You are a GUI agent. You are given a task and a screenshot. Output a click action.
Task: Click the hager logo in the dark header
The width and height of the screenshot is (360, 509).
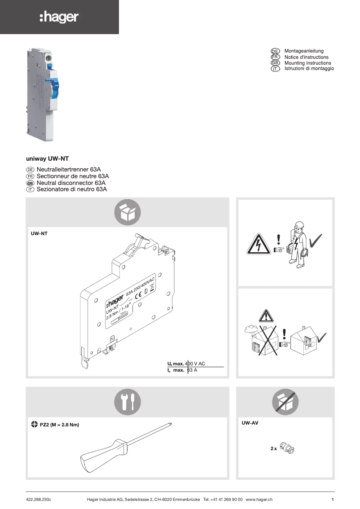pyautogui.click(x=59, y=18)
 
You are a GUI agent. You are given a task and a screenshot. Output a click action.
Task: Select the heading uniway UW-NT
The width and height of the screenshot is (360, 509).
pyautogui.click(x=47, y=159)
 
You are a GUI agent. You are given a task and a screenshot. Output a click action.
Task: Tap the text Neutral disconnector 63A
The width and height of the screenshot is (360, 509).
pyautogui.click(x=71, y=183)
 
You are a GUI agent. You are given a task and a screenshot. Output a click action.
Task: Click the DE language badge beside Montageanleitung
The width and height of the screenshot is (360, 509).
pyautogui.click(x=276, y=51)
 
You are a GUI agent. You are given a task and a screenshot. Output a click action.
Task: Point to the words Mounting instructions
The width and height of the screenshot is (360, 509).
pyautogui.click(x=307, y=63)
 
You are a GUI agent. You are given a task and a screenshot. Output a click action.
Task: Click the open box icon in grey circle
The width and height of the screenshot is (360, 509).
pyautogui.click(x=127, y=212)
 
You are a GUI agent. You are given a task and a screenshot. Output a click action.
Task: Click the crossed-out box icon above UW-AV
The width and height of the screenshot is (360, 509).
pyautogui.click(x=285, y=402)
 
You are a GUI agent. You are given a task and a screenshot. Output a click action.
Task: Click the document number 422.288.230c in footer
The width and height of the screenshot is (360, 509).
pyautogui.click(x=39, y=500)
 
